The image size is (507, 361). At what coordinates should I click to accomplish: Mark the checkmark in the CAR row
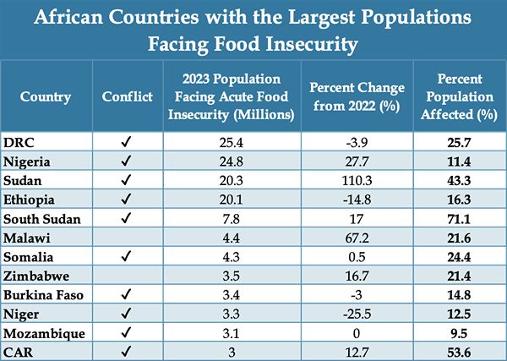tap(124, 353)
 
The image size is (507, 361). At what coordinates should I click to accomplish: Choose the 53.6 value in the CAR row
tap(461, 353)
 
